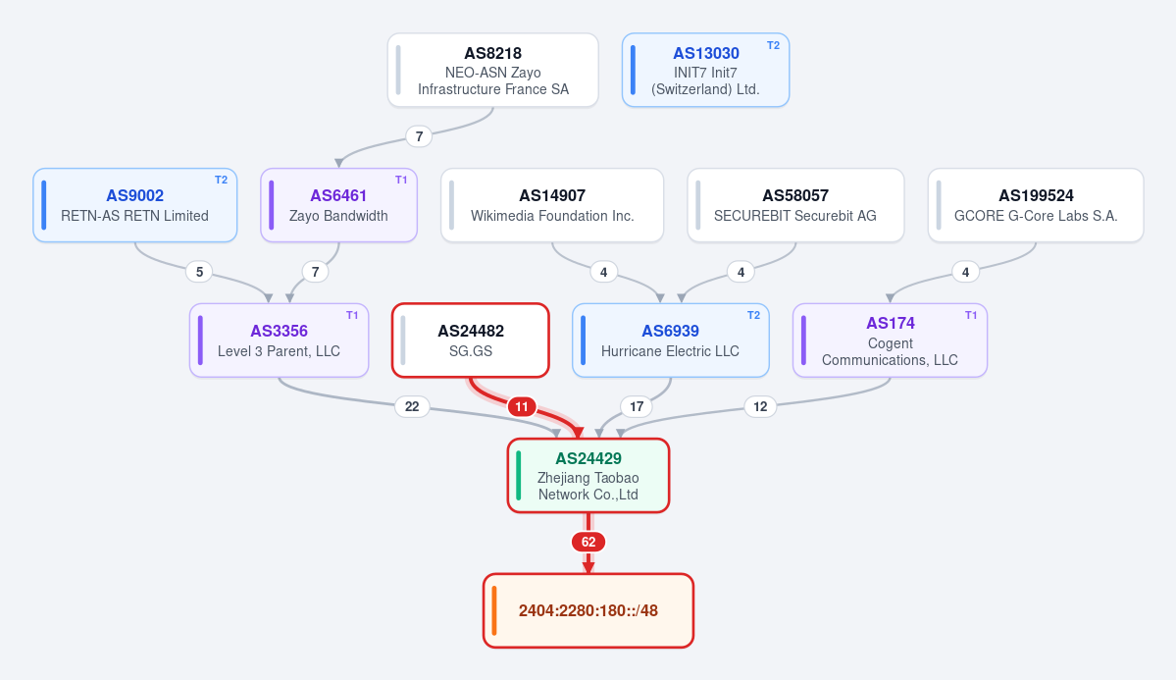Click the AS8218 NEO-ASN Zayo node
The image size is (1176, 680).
[492, 71]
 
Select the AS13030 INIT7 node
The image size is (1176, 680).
[705, 71]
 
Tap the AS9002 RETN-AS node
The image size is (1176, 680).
[135, 205]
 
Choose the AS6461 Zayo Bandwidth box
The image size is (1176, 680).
[339, 205]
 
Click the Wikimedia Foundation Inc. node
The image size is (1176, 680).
[552, 205]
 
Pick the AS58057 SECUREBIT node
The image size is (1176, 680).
[795, 205]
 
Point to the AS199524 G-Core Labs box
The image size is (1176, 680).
[1036, 205]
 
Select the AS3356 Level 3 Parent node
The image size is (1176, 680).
[279, 340]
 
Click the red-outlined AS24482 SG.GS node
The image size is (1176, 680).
[471, 340]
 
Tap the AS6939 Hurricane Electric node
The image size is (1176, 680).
[671, 340]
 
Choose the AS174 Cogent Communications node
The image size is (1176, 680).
[891, 340]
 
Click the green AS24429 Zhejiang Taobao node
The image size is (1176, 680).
[588, 476]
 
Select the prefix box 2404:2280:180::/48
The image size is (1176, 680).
[588, 611]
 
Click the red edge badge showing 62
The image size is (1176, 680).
[588, 542]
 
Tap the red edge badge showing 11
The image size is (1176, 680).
[521, 407]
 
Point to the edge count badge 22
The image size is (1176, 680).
[412, 407]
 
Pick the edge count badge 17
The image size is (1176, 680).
[637, 407]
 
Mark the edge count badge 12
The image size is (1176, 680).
[760, 407]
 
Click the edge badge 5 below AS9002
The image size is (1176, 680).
[199, 272]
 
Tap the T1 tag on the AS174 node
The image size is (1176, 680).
[971, 315]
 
